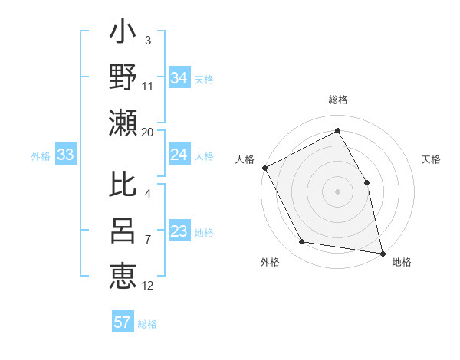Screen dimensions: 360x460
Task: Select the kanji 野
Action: click(123, 77)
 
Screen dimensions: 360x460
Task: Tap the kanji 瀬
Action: click(123, 122)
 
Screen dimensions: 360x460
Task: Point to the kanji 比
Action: click(123, 186)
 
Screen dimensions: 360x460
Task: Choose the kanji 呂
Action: click(123, 231)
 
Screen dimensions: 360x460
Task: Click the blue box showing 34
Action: click(179, 77)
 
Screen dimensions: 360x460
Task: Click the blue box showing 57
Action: click(123, 322)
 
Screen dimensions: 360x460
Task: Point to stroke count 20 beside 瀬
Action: click(148, 132)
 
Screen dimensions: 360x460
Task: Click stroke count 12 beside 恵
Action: click(148, 286)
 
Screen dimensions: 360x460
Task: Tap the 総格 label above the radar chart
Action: click(338, 100)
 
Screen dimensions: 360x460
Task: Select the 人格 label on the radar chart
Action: click(245, 159)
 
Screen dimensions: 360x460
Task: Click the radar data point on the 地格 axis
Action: click(382, 253)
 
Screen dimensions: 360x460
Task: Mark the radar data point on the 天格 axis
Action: click(366, 182)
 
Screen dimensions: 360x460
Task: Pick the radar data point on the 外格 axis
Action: click(302, 242)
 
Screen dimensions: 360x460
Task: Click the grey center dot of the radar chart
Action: click(337, 191)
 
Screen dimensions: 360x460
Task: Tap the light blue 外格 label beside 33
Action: click(41, 156)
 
